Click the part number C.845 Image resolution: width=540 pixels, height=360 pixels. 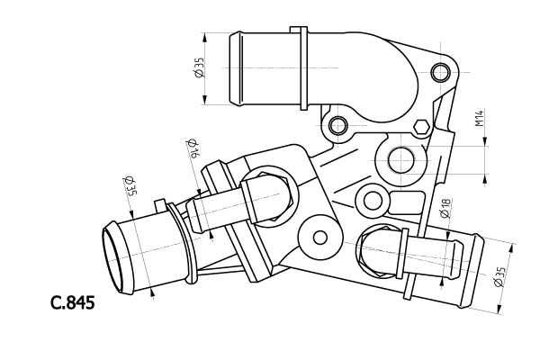tap(73, 302)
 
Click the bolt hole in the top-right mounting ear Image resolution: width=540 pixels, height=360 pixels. tap(439, 72)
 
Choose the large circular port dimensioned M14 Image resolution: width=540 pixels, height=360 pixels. tap(400, 162)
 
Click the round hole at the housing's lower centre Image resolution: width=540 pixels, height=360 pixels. tap(319, 238)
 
